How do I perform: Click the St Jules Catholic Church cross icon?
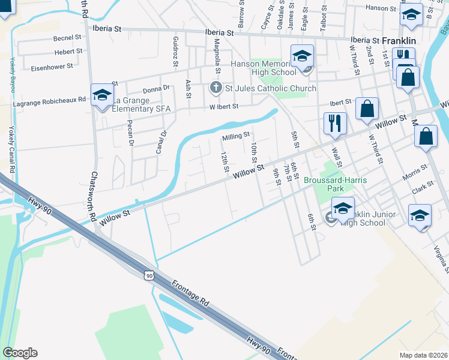(216, 88)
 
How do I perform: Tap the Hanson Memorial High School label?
(264, 68)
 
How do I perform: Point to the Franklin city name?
(399, 40)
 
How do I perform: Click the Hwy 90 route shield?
(148, 275)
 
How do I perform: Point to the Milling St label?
(235, 137)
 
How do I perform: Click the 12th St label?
(224, 162)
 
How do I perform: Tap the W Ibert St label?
(224, 107)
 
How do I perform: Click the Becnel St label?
(67, 38)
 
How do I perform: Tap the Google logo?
(20, 353)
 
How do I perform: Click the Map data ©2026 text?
(424, 355)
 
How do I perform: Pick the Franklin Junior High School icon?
(343, 209)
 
